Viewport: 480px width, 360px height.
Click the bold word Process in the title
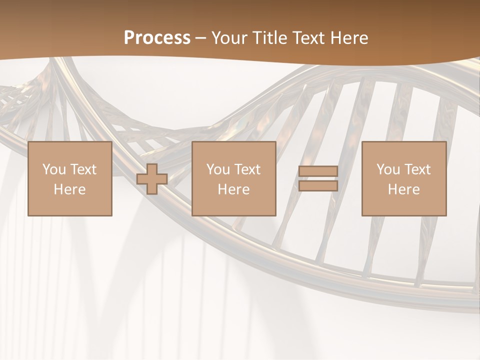pos(157,38)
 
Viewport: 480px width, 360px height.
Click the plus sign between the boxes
pos(152,179)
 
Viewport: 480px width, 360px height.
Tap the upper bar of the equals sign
pos(318,171)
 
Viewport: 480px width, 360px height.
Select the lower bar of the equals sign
pos(318,186)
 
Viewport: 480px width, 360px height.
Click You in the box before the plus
pos(54,169)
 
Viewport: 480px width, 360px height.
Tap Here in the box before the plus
pos(69,189)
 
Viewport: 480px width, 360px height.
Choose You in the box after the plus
pos(218,169)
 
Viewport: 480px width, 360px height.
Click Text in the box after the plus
pos(247,169)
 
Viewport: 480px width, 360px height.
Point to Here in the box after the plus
pos(233,189)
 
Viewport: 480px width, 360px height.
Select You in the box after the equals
pos(388,169)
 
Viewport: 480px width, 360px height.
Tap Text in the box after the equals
pos(417,169)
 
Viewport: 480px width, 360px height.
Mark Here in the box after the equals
pos(403,189)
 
